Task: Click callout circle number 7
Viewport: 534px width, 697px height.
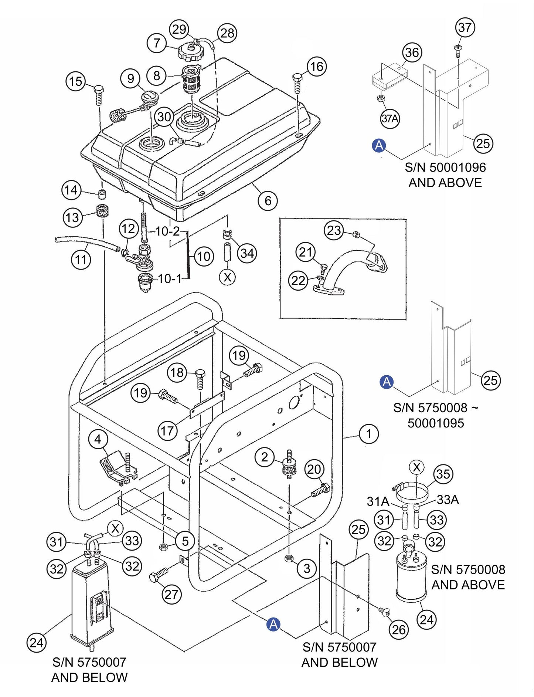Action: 157,43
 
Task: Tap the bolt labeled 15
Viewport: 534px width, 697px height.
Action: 99,95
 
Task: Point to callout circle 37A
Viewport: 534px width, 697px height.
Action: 390,119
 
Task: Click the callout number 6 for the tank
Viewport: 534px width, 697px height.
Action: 268,201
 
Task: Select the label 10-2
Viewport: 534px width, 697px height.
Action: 167,231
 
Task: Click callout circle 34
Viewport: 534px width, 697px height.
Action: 247,253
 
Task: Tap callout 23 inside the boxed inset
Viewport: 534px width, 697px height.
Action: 334,230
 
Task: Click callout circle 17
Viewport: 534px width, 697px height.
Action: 168,431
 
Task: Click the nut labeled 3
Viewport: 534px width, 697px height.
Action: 289,558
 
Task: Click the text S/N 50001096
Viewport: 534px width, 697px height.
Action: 445,168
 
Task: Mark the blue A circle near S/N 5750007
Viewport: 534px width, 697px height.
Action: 273,624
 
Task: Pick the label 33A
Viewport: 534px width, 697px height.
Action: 448,500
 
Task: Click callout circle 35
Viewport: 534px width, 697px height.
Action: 443,474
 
